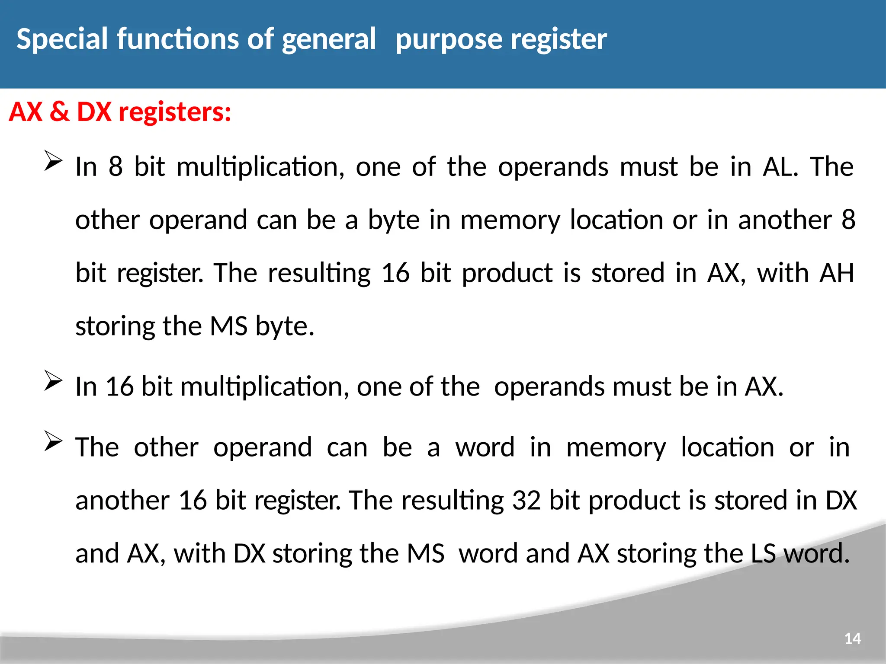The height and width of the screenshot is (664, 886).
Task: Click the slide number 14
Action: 852,638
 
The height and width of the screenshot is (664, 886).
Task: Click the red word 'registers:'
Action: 175,112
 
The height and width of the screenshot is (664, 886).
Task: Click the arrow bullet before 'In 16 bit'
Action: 53,381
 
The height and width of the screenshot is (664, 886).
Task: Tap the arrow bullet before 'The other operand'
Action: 53,441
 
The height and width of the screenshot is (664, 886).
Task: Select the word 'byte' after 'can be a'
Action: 394,220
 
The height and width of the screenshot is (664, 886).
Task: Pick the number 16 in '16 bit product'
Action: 395,273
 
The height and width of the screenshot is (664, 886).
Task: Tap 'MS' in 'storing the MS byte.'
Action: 228,326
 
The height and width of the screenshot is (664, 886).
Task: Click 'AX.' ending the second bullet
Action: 764,386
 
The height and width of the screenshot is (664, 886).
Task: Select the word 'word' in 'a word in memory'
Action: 485,447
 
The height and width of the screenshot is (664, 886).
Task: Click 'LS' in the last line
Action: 763,554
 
